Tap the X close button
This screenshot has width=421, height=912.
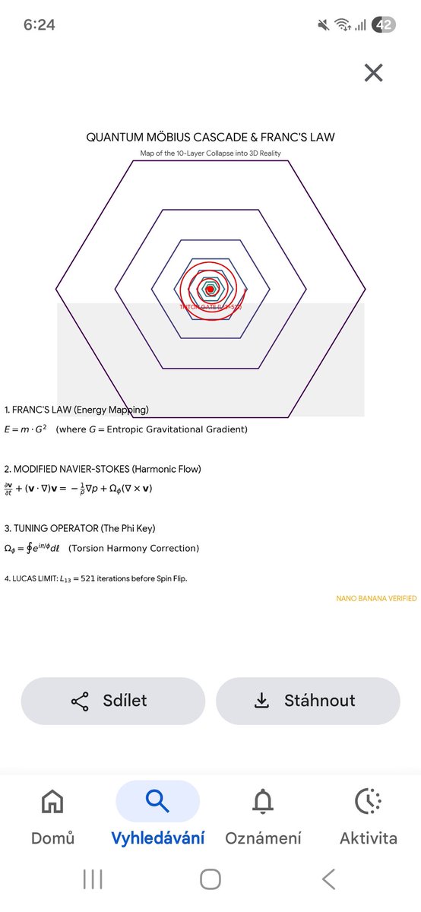[373, 73]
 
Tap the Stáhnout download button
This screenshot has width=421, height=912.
[308, 701]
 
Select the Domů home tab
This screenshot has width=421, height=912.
[52, 817]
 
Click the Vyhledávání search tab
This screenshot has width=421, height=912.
[157, 817]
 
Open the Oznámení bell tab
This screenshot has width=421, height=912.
[263, 817]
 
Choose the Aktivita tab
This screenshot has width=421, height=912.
[368, 817]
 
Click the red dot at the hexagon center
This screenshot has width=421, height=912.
[210, 290]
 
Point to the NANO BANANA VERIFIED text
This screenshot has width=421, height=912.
[376, 599]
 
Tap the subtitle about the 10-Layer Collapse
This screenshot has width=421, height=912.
[210, 154]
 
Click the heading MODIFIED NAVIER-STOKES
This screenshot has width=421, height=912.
[71, 469]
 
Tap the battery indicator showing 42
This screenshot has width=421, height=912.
[384, 24]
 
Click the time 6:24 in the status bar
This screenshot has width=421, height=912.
[39, 24]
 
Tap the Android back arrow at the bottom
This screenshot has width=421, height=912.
[328, 879]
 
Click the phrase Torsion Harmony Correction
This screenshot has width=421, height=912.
[134, 548]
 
